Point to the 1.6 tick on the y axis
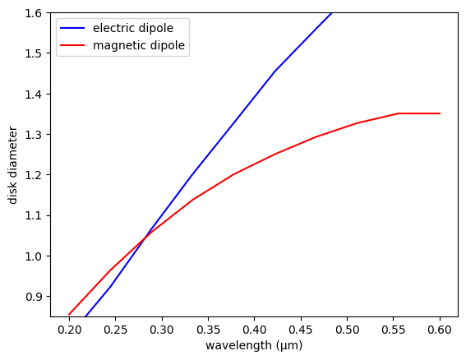point(34,13)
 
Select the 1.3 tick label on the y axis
point(34,134)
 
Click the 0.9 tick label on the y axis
point(34,296)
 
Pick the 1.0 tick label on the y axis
point(34,256)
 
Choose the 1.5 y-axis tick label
point(34,53)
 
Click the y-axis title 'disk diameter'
point(12,164)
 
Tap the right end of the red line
point(440,113)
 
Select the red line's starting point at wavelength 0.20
point(69,315)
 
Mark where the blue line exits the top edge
point(331,13)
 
